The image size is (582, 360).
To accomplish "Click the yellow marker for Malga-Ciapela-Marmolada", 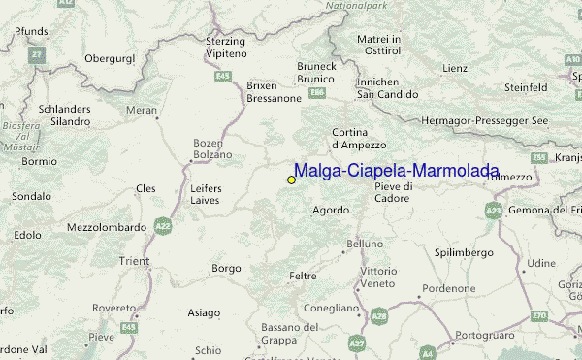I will (x=291, y=180).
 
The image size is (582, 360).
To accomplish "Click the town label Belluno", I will (x=365, y=243).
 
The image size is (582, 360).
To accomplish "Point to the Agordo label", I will (x=331, y=210).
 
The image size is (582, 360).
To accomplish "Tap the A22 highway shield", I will (x=163, y=226).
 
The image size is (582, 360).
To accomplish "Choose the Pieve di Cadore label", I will (x=393, y=192).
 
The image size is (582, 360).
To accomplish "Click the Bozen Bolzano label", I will (x=210, y=148).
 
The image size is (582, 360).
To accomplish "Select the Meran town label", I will (x=142, y=111).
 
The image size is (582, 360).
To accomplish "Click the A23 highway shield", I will (x=494, y=209).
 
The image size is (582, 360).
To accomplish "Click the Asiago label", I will (x=204, y=312).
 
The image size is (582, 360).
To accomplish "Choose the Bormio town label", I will (x=40, y=161).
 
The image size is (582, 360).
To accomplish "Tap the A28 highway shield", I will (x=378, y=315).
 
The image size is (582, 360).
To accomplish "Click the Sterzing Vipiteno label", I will (x=227, y=47).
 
